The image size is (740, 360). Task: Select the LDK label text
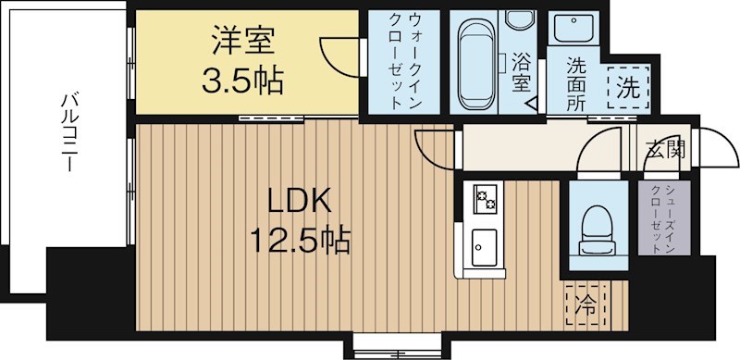[299, 201]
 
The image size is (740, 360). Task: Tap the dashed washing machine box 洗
[627, 91]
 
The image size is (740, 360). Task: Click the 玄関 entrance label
[664, 149]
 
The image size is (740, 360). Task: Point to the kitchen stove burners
[485, 198]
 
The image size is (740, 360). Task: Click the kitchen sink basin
[485, 246]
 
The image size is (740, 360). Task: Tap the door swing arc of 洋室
[338, 56]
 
